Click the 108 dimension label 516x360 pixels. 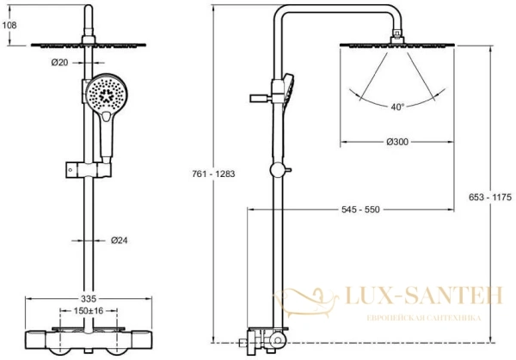coord(9,25)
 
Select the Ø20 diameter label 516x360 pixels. coord(59,62)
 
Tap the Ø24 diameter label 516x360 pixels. coord(120,241)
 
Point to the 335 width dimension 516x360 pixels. coord(89,298)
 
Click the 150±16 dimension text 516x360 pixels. coord(89,310)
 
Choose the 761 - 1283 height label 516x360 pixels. coord(213,174)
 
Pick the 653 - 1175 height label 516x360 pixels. coord(490,197)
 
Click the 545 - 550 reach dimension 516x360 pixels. coord(360,210)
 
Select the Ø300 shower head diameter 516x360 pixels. coord(397,142)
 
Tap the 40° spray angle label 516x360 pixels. coord(397,107)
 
